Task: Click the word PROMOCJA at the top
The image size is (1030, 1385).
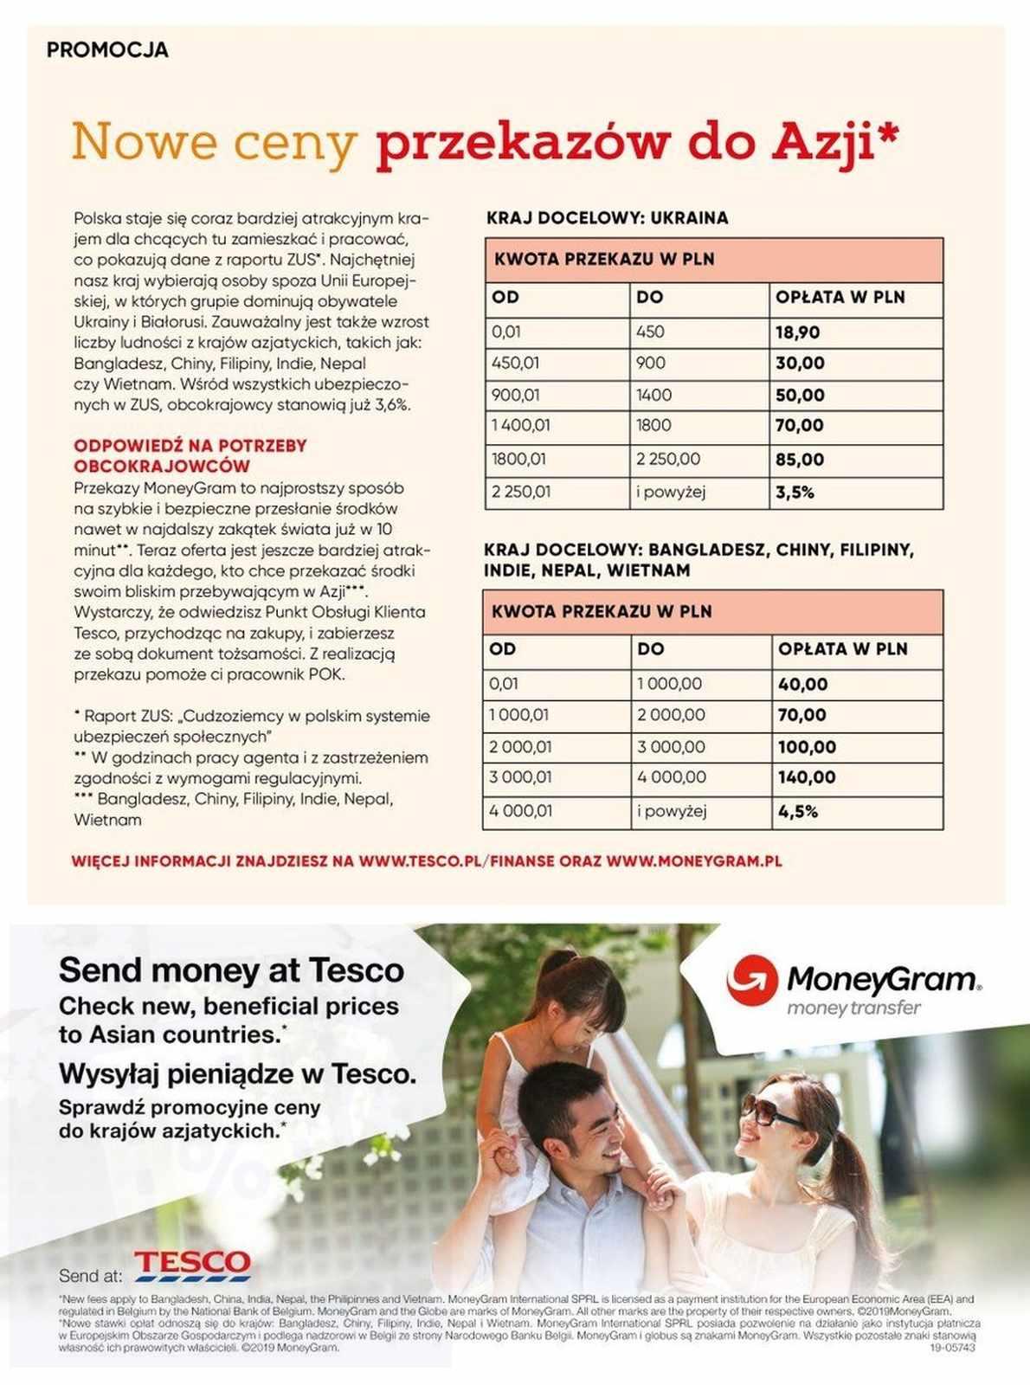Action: coord(107,50)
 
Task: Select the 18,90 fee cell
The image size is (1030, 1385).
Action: coord(797,332)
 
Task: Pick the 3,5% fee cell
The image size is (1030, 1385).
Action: coord(795,493)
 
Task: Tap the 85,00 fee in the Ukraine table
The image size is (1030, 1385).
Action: coord(799,460)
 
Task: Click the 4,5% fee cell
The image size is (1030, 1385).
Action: coord(797,812)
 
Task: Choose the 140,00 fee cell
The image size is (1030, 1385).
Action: coord(806,777)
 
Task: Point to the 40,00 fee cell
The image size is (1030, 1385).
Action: coord(802,685)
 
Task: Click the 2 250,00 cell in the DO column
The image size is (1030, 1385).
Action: coord(668,460)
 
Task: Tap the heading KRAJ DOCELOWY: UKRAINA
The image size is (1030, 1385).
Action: coord(607,218)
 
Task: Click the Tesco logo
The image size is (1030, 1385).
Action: coord(192,1265)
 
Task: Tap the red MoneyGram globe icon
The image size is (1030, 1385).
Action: coord(751,980)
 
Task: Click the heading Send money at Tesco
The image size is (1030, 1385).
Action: coord(231,970)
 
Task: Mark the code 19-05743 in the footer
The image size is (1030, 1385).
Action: coord(952,1348)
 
